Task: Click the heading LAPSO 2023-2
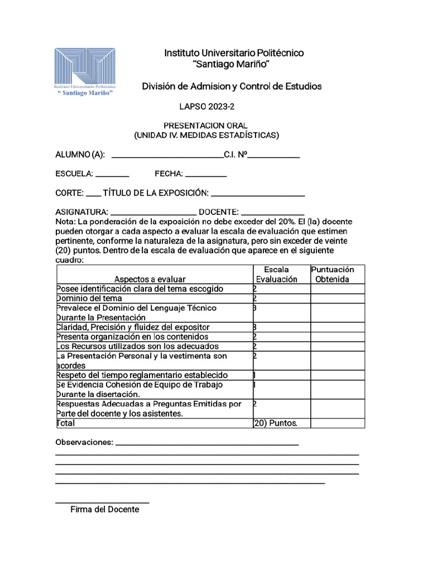pyautogui.click(x=203, y=106)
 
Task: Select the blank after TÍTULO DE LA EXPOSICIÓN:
pyautogui.click(x=258, y=194)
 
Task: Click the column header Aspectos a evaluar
pyautogui.click(x=150, y=279)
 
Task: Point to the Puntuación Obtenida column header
pyautogui.click(x=332, y=274)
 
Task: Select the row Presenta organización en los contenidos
pyautogui.click(x=132, y=337)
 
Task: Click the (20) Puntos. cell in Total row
pyautogui.click(x=275, y=423)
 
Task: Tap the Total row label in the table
pyautogui.click(x=66, y=423)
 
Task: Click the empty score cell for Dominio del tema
pyautogui.click(x=337, y=298)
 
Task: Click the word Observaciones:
pyautogui.click(x=84, y=442)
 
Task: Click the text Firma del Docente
pyautogui.click(x=104, y=510)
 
